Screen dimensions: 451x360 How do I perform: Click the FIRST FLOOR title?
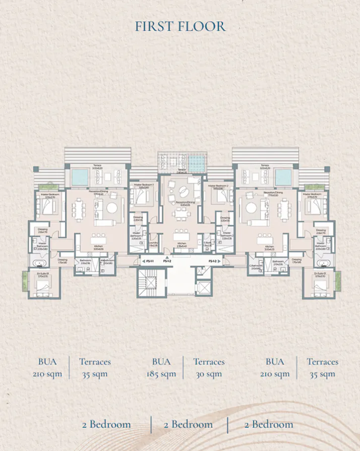pyautogui.click(x=180, y=26)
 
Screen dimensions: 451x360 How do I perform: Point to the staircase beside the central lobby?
pyautogui.click(x=151, y=286)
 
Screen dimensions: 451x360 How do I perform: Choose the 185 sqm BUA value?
pyautogui.click(x=161, y=374)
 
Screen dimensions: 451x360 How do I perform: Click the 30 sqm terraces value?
pyautogui.click(x=209, y=374)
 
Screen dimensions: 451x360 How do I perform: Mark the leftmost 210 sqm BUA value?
pyautogui.click(x=47, y=374)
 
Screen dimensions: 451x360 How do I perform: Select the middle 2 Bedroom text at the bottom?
pyautogui.click(x=188, y=424)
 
